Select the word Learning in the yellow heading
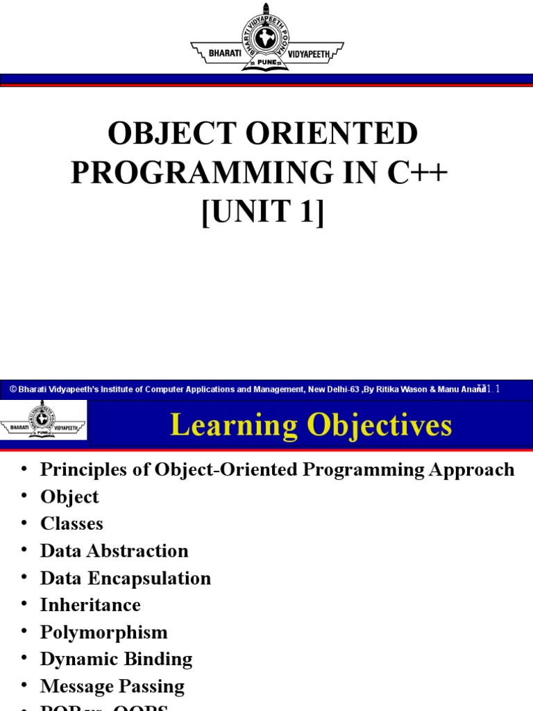pyautogui.click(x=229, y=425)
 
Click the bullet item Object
pyautogui.click(x=69, y=497)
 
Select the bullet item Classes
pyautogui.click(x=71, y=524)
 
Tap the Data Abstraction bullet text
pyautogui.click(x=115, y=551)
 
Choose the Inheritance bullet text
pyautogui.click(x=90, y=605)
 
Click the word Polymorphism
pyautogui.click(x=104, y=633)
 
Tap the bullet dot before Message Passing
pyautogui.click(x=25, y=686)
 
